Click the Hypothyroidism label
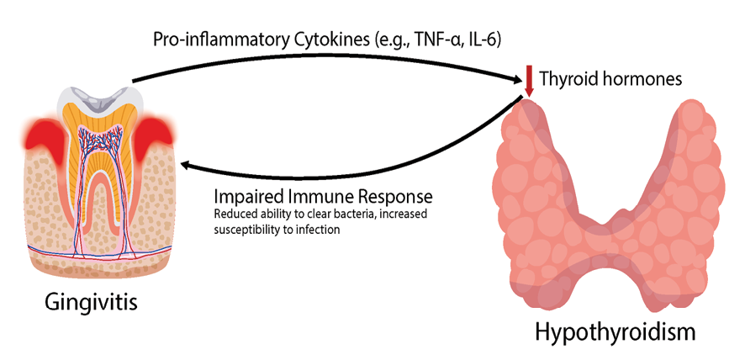click(616, 331)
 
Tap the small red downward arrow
click(528, 81)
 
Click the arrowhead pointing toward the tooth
click(191, 168)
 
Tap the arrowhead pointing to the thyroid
click(518, 80)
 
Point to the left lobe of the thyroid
click(534, 193)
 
